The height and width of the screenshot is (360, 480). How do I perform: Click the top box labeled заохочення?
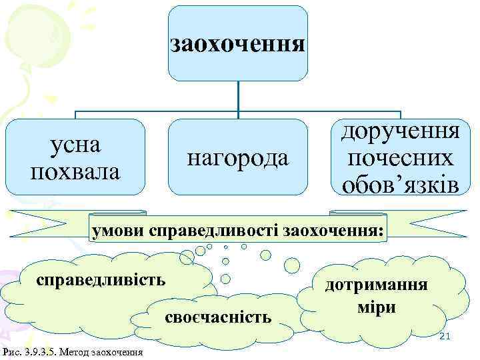click(237, 44)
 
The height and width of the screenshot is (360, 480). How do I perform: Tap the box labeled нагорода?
click(237, 158)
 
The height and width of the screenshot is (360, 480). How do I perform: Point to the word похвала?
click(75, 171)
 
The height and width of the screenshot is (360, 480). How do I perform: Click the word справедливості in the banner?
click(216, 231)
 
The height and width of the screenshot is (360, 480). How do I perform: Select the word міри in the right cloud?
click(377, 308)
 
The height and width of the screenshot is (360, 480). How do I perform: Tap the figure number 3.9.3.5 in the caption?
click(39, 351)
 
